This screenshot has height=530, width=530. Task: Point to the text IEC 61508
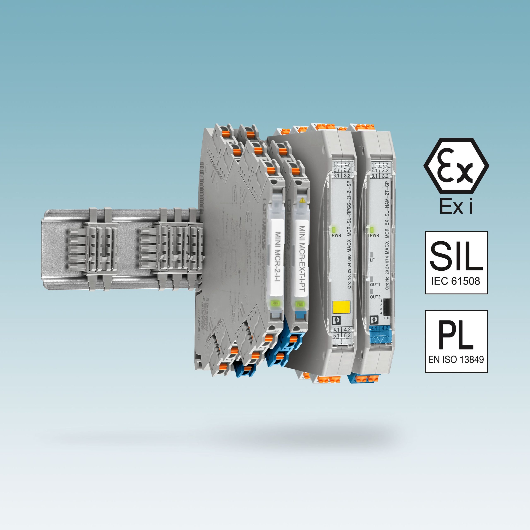[x=455, y=281]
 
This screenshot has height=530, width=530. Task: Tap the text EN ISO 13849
[x=456, y=359]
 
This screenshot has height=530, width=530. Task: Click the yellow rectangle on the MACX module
[x=341, y=307]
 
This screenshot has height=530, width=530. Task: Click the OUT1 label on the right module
[x=375, y=284]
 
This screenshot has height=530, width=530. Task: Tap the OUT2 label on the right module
[x=375, y=297]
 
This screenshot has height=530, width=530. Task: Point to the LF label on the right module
[x=372, y=260]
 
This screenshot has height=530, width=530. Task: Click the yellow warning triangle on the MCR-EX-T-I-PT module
[x=302, y=200]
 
